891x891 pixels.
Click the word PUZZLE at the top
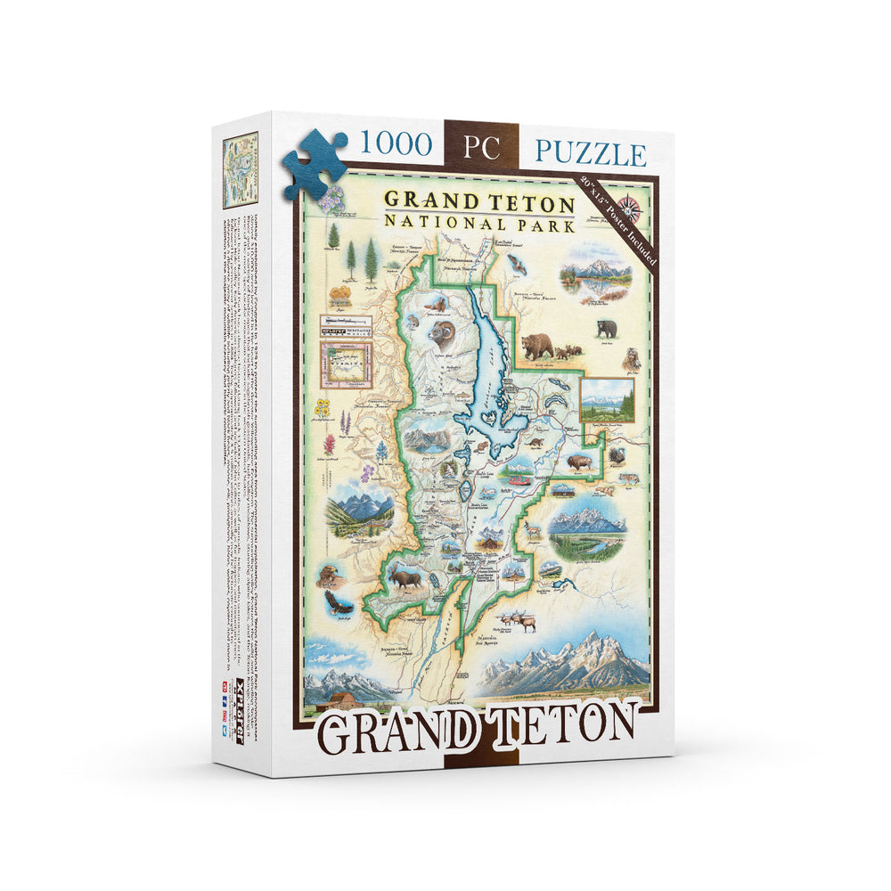(590, 152)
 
